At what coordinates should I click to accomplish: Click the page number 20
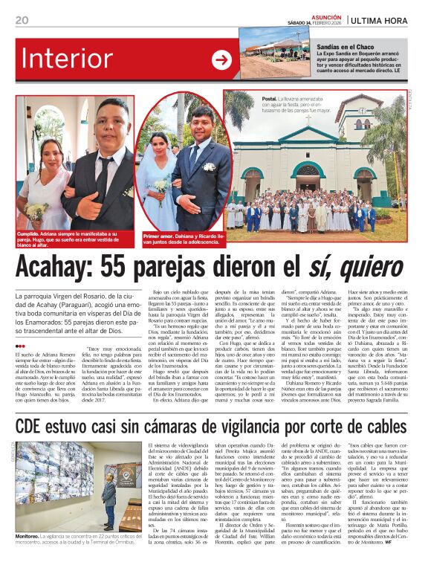point(22,20)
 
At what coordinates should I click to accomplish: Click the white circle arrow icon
point(221,60)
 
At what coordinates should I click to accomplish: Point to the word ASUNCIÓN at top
point(325,15)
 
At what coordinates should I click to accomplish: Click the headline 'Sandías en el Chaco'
point(327,46)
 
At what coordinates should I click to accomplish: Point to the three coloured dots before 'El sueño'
point(21,346)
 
